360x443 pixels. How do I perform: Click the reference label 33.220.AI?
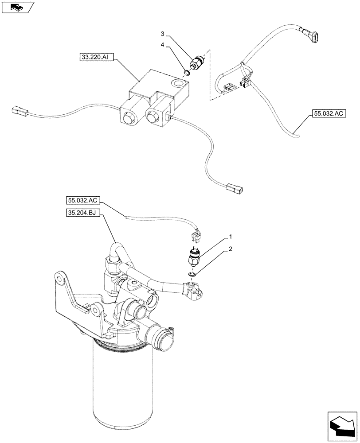[94, 57]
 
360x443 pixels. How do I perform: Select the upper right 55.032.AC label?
[329, 114]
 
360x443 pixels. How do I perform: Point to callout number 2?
[231, 250]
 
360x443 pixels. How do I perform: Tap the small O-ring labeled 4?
[187, 71]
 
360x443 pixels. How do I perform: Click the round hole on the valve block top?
[179, 83]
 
